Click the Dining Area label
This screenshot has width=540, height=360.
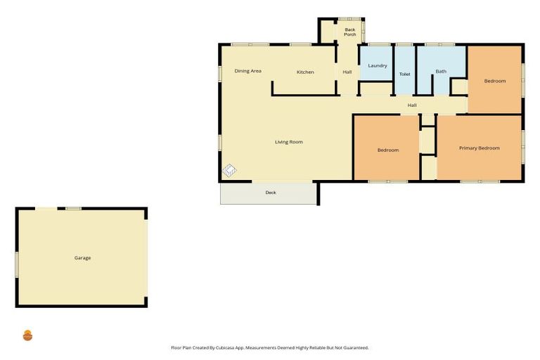(x=248, y=71)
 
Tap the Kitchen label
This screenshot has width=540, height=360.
(x=305, y=72)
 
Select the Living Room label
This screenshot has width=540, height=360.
(x=288, y=142)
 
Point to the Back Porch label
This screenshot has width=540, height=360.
(x=349, y=32)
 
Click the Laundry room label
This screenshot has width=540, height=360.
(x=378, y=65)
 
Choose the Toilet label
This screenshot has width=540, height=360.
(x=404, y=74)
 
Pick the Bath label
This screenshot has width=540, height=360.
(x=441, y=71)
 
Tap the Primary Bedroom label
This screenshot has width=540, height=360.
(x=479, y=148)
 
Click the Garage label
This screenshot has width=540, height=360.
(x=82, y=258)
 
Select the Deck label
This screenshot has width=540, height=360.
(x=270, y=193)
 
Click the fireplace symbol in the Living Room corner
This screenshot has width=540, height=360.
(x=229, y=170)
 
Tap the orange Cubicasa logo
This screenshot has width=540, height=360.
(x=27, y=335)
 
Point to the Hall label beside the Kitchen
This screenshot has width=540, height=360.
(x=347, y=72)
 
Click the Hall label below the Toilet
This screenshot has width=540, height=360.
(x=412, y=105)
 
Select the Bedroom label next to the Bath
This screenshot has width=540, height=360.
(x=494, y=81)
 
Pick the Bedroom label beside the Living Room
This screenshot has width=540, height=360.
(x=387, y=150)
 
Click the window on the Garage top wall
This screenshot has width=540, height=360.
(x=73, y=208)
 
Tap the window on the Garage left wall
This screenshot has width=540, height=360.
(x=16, y=264)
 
